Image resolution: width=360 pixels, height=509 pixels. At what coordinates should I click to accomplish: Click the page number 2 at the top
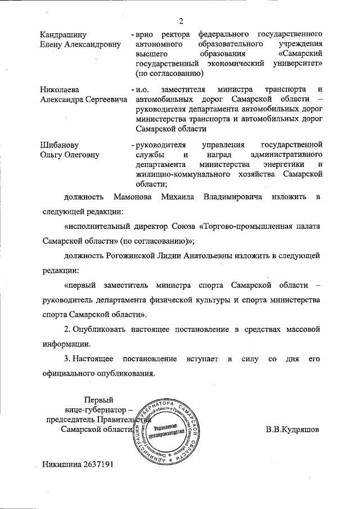click(181, 21)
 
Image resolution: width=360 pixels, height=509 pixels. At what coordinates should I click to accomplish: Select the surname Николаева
click(60, 89)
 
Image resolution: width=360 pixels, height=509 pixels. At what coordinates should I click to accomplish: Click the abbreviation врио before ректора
click(146, 34)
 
